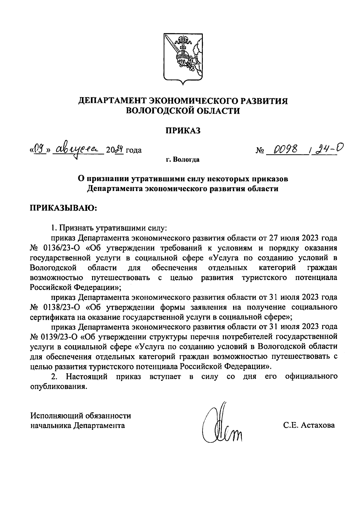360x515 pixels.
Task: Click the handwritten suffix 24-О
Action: [327, 147]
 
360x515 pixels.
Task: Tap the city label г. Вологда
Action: [183, 160]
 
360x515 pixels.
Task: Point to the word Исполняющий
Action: [57, 416]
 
